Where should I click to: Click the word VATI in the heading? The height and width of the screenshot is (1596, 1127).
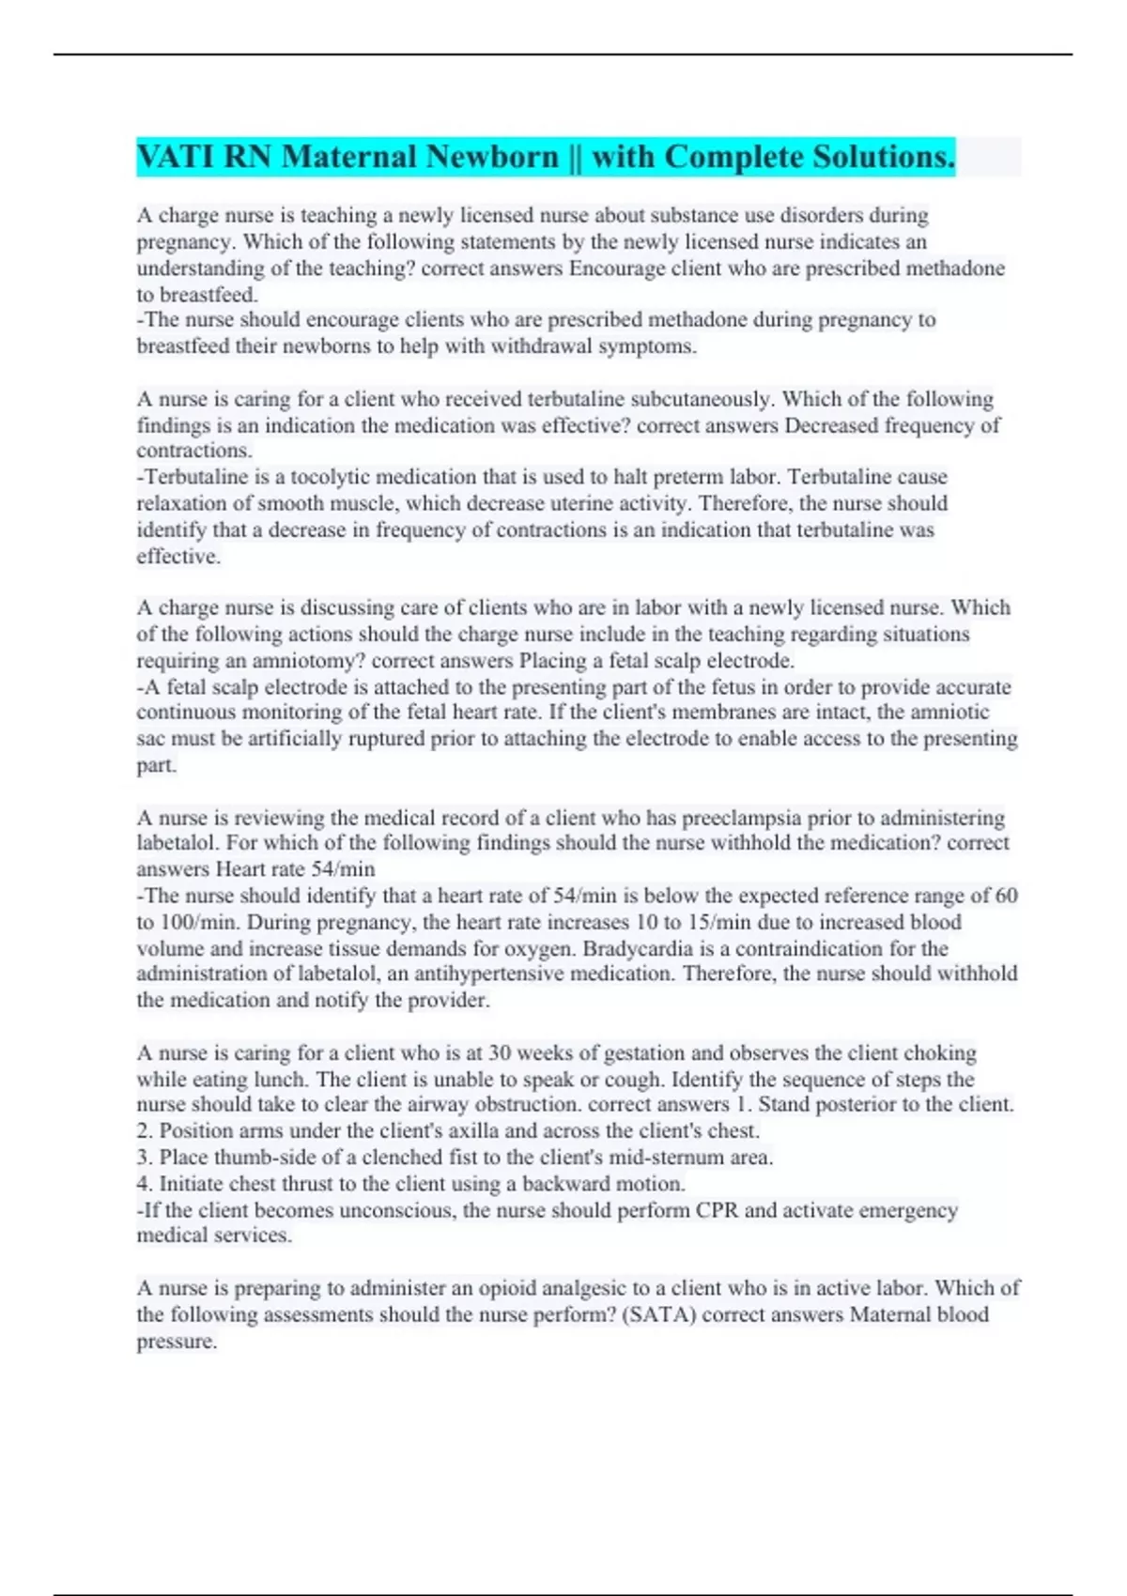176,156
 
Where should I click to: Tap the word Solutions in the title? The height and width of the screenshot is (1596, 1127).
883,156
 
